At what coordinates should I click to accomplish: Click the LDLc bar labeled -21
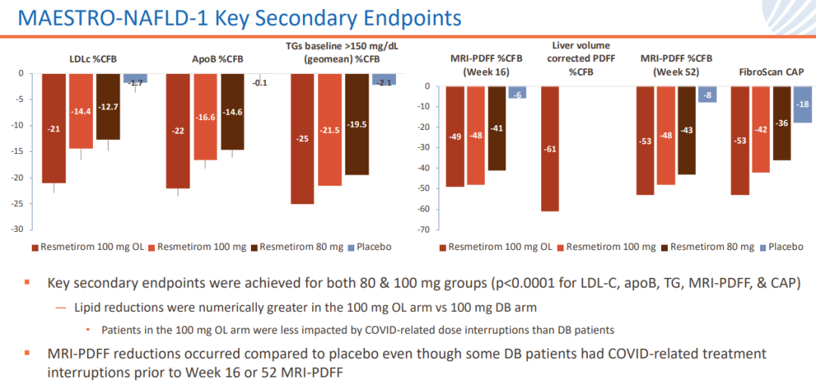54,128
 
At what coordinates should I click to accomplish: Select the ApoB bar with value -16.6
205,117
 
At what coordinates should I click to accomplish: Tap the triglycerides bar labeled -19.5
357,125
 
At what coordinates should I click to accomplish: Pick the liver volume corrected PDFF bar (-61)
550,148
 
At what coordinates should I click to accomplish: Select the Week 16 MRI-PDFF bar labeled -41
496,128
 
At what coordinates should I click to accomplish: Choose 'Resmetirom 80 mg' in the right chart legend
711,247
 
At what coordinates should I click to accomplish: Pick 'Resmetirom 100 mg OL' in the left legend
87,247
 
